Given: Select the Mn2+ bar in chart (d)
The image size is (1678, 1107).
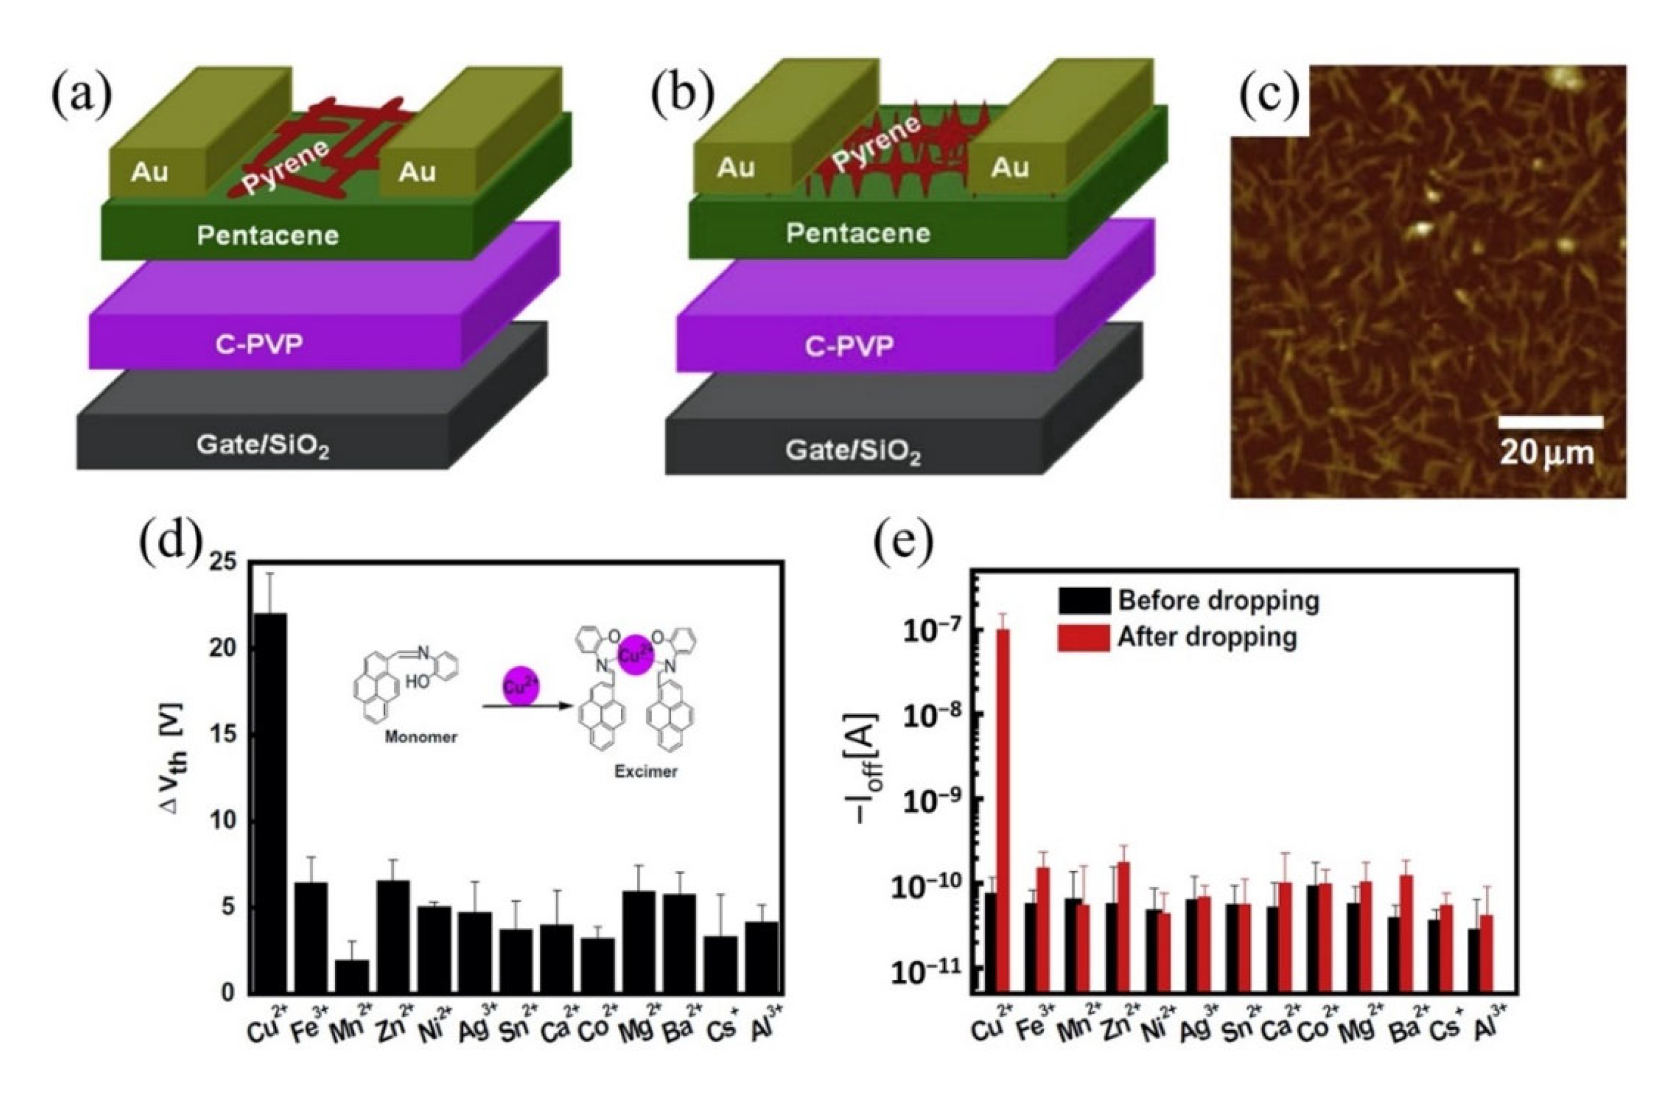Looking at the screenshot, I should pyautogui.click(x=351, y=976).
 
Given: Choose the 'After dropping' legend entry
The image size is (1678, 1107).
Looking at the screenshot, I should pyautogui.click(x=1176, y=637).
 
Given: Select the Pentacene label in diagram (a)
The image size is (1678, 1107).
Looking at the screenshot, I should pyautogui.click(x=268, y=235).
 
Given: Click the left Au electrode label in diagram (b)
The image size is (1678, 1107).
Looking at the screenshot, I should pyautogui.click(x=736, y=167).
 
